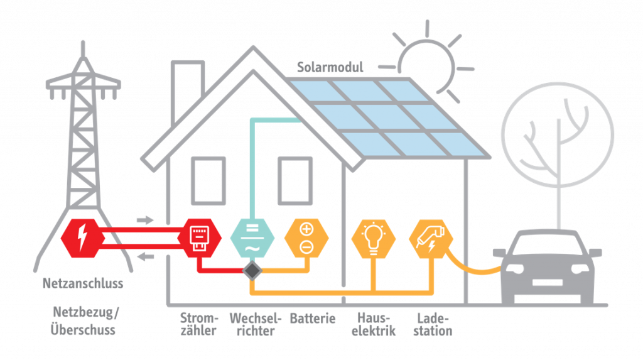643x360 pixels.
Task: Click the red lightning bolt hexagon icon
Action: pos(81,239)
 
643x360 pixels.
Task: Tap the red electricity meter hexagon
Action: pos(199,239)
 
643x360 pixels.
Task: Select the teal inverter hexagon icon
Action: pos(252,239)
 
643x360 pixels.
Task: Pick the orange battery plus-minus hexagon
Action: pos(306,239)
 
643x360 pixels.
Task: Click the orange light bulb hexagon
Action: pos(373,239)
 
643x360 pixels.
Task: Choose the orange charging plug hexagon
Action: pos(431,239)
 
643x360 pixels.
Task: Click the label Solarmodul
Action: pos(330,67)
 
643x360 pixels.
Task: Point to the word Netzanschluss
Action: pos(83,283)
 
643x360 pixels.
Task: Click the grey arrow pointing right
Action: pos(145,220)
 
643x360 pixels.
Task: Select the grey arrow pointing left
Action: pos(145,256)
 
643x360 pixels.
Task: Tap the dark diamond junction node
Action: pos(252,270)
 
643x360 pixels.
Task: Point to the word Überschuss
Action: pos(83,329)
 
